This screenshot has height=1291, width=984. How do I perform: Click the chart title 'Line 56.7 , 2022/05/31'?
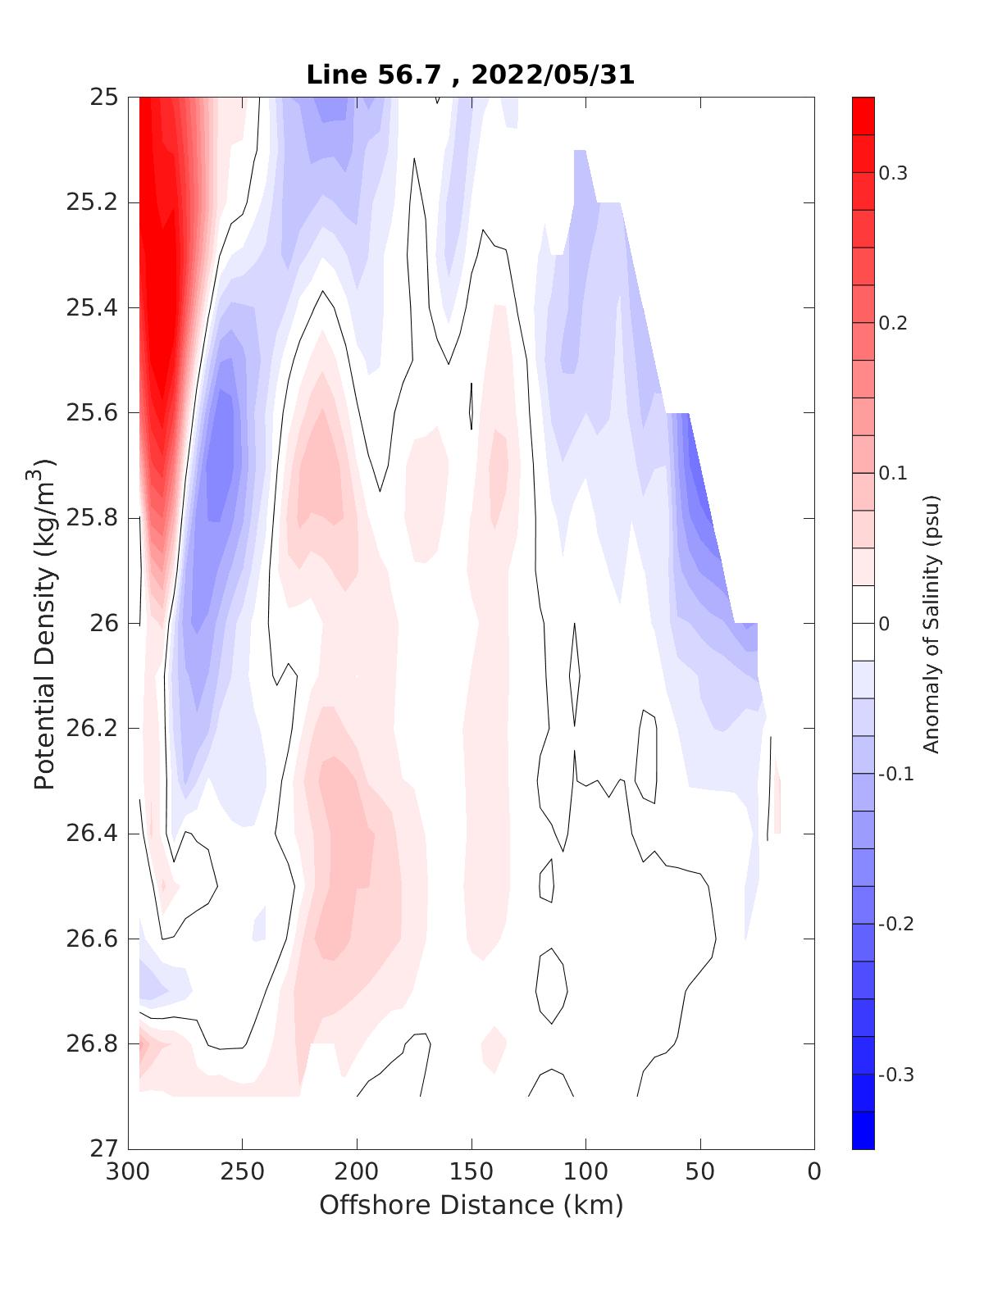coord(470,75)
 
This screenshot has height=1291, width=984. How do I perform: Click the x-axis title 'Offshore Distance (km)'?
coord(471,1205)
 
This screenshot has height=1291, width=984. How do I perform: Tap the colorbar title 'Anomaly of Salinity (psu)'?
coord(931,623)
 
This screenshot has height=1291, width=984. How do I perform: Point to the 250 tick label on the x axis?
coord(243,1172)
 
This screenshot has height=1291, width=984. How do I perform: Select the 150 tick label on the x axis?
coord(471,1172)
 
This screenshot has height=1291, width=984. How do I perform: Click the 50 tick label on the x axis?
coord(700,1172)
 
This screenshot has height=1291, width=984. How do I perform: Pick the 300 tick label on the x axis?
coord(129,1172)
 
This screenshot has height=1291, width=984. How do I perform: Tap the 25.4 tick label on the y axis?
coord(91,308)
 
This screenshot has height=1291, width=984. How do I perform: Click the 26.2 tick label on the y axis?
coord(91,729)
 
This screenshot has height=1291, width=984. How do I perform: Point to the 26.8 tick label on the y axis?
coord(91,1044)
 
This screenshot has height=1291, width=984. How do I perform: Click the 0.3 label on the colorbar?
coord(893,173)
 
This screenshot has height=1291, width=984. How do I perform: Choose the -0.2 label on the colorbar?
coord(895,924)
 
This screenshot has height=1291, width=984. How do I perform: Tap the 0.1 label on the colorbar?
coord(893,473)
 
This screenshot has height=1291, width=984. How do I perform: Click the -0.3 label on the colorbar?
coord(895,1075)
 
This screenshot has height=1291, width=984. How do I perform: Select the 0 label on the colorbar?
coord(884,624)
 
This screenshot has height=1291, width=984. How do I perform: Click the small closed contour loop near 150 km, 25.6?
coord(471,406)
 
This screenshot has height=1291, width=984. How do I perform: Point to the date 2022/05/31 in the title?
coord(553,75)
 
